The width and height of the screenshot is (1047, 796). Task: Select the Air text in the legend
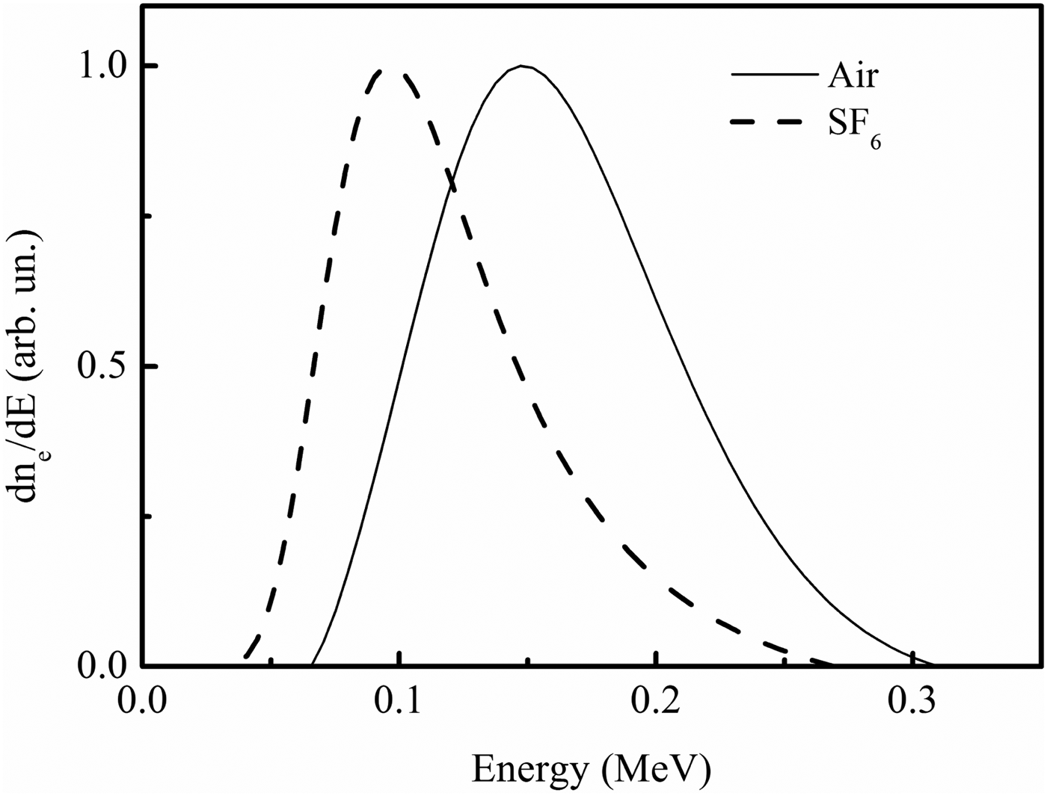click(853, 76)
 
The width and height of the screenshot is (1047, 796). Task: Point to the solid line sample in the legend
click(774, 75)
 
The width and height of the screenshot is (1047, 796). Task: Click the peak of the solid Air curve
click(523, 66)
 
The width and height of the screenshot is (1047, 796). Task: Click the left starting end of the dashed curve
click(245, 658)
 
